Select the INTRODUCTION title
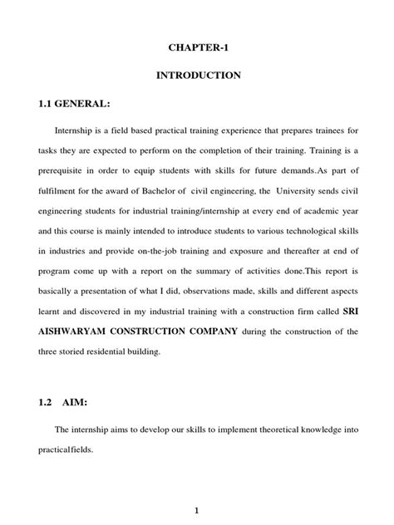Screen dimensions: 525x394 point(197,76)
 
